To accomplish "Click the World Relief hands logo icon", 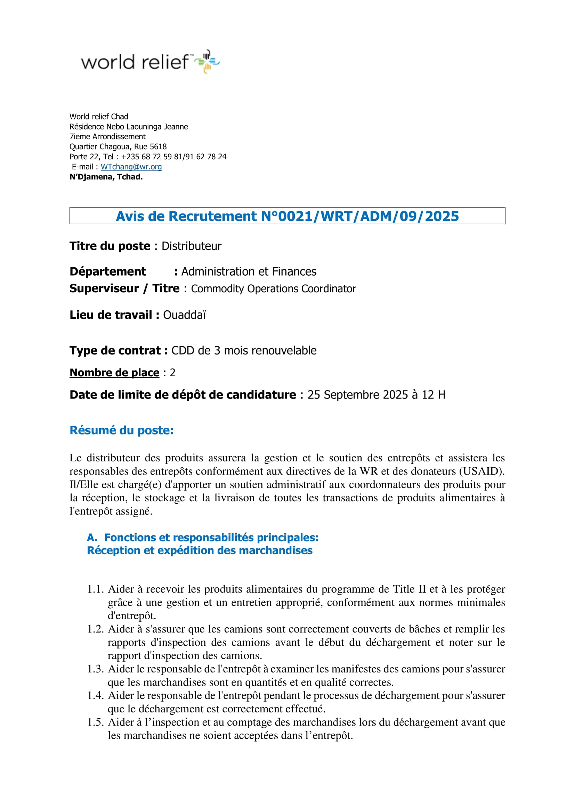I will (207, 61).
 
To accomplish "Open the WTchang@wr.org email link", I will (131, 167).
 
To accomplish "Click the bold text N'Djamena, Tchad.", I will (106, 177).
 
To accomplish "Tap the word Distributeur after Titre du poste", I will (191, 246).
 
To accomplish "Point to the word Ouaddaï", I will (184, 315).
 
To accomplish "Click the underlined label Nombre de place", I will (114, 372).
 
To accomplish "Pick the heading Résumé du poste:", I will (121, 430).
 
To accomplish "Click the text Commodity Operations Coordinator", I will (273, 288).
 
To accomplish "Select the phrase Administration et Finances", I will (249, 271).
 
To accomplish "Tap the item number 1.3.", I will (95, 669).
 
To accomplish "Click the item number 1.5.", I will (95, 722).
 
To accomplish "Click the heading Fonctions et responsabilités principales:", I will (211, 537).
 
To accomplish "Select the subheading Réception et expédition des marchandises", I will (200, 550).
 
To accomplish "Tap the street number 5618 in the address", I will (158, 147).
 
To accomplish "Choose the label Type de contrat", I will (115, 350).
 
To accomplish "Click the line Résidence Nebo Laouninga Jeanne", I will (129, 127).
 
